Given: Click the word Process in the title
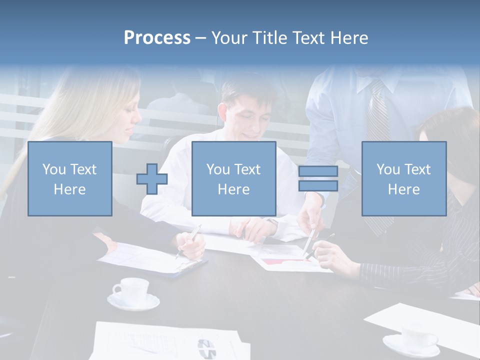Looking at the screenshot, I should pos(157,38).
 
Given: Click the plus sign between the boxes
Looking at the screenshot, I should pos(152,178).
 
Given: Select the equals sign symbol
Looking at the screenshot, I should pos(318,178).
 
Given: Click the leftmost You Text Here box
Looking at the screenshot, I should pos(69,178).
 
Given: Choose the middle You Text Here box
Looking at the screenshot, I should pos(233,178).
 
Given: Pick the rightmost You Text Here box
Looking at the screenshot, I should pos(403,178).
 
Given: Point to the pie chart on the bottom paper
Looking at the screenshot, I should pos(206,348).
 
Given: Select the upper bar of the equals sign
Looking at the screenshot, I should pos(318,171).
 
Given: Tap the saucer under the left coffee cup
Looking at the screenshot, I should pos(133,301).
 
